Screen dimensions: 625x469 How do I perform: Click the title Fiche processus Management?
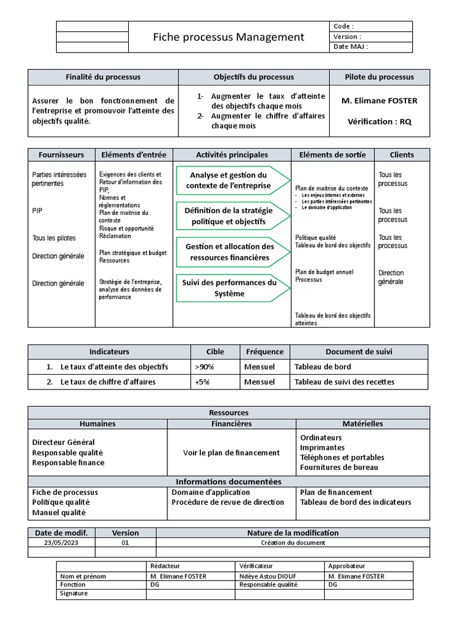pyautogui.click(x=228, y=37)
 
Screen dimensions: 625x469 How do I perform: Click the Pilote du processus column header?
pyautogui.click(x=379, y=77)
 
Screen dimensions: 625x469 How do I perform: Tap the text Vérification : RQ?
pyautogui.click(x=379, y=121)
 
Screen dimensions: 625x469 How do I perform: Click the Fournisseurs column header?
pyautogui.click(x=61, y=155)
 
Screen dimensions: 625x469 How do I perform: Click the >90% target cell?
pyautogui.click(x=205, y=367)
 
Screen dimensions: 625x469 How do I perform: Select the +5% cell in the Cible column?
pyautogui.click(x=202, y=382)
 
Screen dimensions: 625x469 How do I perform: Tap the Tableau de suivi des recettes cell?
pyautogui.click(x=344, y=382)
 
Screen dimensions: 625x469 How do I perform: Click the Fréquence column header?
pyautogui.click(x=264, y=352)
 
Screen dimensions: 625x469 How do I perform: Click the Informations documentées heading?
pyautogui.click(x=228, y=482)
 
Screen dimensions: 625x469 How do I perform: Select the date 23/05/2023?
pyautogui.click(x=61, y=543)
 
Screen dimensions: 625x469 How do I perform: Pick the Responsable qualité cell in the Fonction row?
pyautogui.click(x=268, y=584)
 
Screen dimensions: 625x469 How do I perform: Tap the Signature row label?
pyautogui.click(x=74, y=593)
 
